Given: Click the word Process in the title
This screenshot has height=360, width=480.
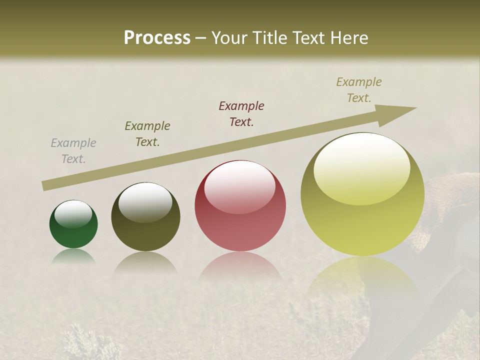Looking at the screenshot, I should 157,38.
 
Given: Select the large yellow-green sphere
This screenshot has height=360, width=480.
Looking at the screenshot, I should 362,215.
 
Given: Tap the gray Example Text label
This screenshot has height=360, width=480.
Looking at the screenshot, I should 73,151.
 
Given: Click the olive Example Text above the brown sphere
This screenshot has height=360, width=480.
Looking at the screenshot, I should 147,133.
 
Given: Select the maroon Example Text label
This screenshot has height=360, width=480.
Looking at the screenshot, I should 241,113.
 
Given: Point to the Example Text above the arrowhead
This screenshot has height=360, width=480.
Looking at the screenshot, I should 359,90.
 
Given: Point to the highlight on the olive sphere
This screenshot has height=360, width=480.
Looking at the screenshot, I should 145,201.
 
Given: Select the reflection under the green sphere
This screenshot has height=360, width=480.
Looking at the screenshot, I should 73,256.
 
